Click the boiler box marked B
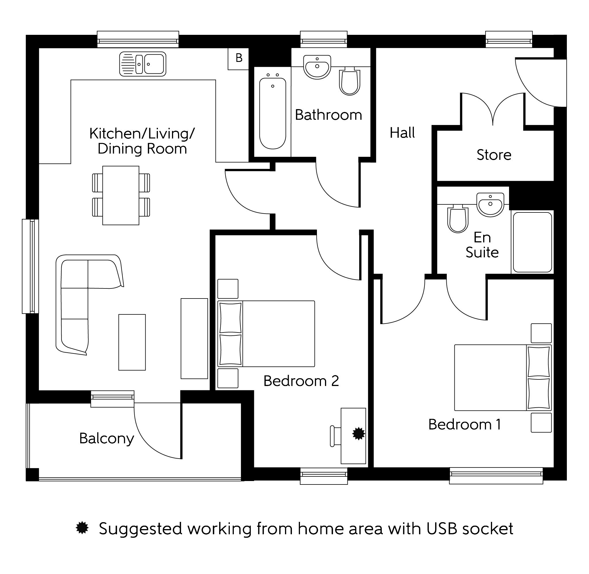click(x=238, y=58)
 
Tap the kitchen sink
click(x=143, y=64)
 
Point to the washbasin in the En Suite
click(x=490, y=204)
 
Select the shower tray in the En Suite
click(x=532, y=242)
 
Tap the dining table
click(x=121, y=195)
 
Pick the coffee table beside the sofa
click(x=132, y=342)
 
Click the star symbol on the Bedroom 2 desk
click(x=358, y=434)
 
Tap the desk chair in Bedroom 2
click(x=334, y=436)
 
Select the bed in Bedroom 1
click(x=502, y=377)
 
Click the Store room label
click(x=494, y=155)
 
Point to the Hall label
click(x=402, y=133)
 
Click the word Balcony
click(x=107, y=439)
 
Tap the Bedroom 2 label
click(x=301, y=381)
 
